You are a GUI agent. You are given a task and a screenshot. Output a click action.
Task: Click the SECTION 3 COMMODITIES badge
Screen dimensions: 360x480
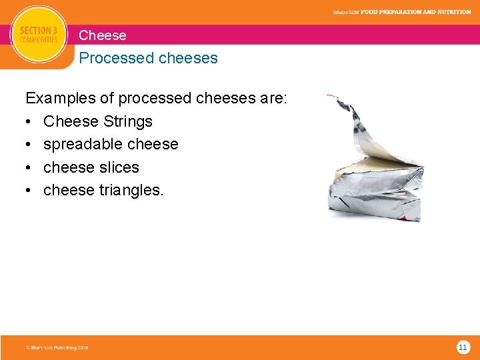coord(39,35)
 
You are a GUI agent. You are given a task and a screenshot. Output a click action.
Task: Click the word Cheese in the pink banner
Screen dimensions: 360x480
coord(102,35)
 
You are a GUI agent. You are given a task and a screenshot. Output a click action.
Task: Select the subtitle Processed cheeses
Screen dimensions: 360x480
coord(148,58)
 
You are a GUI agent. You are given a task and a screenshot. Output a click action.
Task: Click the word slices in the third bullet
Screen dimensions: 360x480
coord(119,167)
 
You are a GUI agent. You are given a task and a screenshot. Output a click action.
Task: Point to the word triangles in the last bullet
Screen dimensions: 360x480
coord(131,190)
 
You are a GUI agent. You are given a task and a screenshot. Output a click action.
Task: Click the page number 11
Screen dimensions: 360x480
coord(463,347)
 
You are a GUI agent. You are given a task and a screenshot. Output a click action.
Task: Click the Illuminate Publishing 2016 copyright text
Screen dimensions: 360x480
coord(57,347)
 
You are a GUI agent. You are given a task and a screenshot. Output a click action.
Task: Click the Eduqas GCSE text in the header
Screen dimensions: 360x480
coord(346,13)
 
